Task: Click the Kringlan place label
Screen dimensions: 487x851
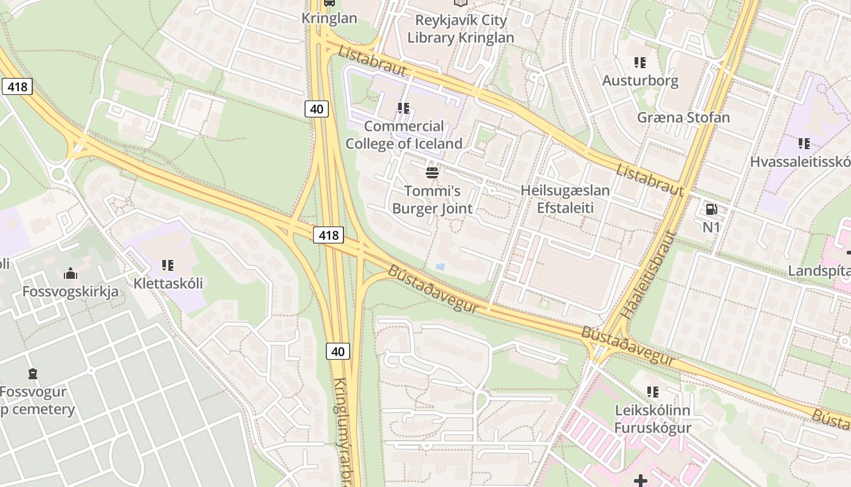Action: coord(329,18)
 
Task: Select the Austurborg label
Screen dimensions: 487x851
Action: coord(640,80)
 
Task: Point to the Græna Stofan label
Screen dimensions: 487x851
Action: coord(683,117)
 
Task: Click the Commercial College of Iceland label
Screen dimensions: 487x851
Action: coord(404,135)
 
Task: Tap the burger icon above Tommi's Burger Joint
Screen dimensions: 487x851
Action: coord(432,173)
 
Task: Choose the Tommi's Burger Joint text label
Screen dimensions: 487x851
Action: coord(432,200)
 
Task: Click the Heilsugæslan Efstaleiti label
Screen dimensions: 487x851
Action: coord(565,199)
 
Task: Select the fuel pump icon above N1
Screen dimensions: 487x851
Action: coord(711,210)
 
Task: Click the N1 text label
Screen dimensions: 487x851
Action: coord(711,228)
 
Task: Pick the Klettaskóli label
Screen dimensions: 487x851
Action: coord(168,283)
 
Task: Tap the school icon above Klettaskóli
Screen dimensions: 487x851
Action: coord(168,265)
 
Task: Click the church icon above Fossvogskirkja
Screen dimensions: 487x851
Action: coord(71,274)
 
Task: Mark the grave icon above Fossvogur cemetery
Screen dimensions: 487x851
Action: coord(33,373)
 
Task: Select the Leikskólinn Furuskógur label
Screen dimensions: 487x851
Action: coord(652,419)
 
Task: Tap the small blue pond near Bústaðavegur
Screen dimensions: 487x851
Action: coord(440,267)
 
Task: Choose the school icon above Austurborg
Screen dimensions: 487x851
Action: coord(639,62)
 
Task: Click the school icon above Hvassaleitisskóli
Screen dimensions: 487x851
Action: coord(804,144)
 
